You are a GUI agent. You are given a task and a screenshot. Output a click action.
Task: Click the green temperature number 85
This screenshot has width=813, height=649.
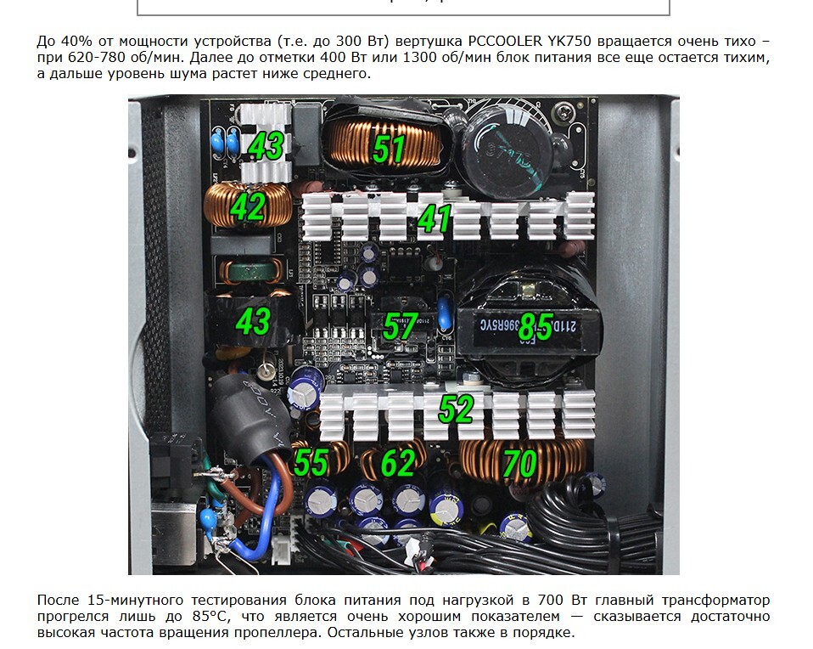tap(535, 326)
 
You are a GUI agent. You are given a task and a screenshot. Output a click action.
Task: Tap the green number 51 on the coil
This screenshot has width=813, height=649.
tap(389, 149)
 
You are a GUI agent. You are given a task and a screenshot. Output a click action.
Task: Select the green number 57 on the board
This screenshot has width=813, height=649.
tap(400, 326)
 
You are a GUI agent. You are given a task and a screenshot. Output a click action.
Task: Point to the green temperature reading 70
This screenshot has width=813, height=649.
tap(519, 463)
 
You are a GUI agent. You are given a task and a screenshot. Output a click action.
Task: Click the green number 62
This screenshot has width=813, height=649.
tap(398, 463)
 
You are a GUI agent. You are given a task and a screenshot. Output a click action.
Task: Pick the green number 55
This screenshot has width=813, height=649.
tap(311, 461)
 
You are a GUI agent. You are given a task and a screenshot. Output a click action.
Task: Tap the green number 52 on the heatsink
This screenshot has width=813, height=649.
tap(457, 409)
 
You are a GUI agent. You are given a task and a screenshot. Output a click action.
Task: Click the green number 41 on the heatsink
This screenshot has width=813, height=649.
tap(435, 218)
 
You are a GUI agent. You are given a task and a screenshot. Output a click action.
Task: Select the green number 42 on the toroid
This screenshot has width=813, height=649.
tap(248, 206)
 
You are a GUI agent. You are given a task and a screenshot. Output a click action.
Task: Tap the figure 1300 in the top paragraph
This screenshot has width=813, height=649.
tap(419, 57)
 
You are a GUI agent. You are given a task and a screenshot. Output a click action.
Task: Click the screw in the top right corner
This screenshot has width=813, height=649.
tap(561, 110)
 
